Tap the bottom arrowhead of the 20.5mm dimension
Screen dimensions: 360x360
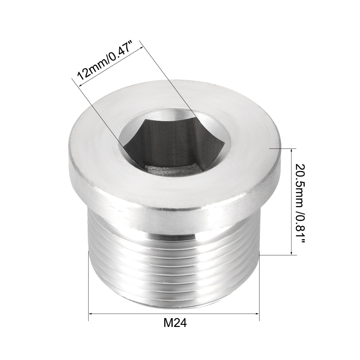click(x=291, y=253)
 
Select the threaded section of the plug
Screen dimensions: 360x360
click(x=173, y=259)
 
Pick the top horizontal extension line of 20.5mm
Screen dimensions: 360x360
click(x=281, y=148)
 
